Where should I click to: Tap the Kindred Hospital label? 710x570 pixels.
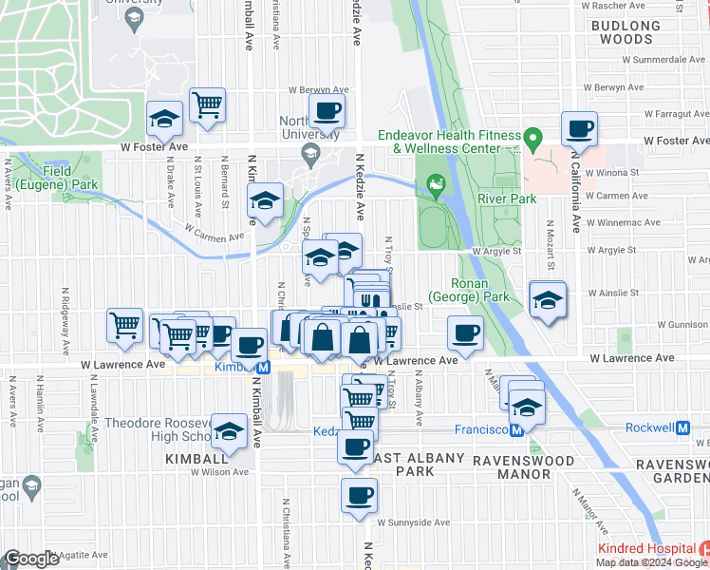645,550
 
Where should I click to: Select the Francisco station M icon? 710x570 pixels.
517,429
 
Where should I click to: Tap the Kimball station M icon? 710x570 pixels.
265,367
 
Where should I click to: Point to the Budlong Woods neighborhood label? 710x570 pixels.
623,32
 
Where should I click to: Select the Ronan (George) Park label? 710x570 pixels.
470,290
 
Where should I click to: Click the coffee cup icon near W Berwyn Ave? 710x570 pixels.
327,110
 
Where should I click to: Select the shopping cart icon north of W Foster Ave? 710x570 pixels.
207,104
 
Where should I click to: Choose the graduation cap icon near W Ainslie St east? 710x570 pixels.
547,300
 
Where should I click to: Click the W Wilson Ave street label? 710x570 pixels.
220,471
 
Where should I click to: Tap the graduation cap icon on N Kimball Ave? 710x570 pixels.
265,200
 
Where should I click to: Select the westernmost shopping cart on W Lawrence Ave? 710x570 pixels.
125,326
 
